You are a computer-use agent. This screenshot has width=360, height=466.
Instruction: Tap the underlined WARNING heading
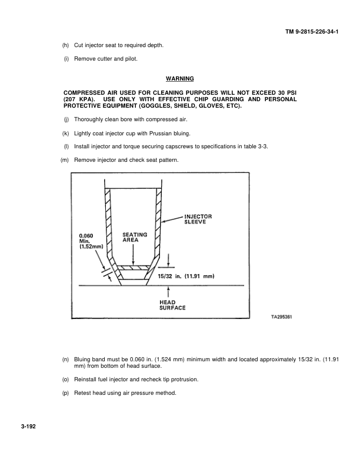[x=179, y=78]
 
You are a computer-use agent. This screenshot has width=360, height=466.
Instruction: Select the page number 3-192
[x=26, y=428]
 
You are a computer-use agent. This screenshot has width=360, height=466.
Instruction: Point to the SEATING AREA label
[x=134, y=237]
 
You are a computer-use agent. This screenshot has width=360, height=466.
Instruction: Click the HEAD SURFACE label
[x=173, y=305]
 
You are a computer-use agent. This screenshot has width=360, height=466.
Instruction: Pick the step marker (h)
[x=65, y=45]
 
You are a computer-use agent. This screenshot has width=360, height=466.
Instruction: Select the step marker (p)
[x=65, y=392]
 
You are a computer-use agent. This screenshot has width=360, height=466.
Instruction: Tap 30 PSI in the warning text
[x=285, y=93]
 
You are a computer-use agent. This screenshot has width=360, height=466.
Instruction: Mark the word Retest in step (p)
[x=83, y=392]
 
